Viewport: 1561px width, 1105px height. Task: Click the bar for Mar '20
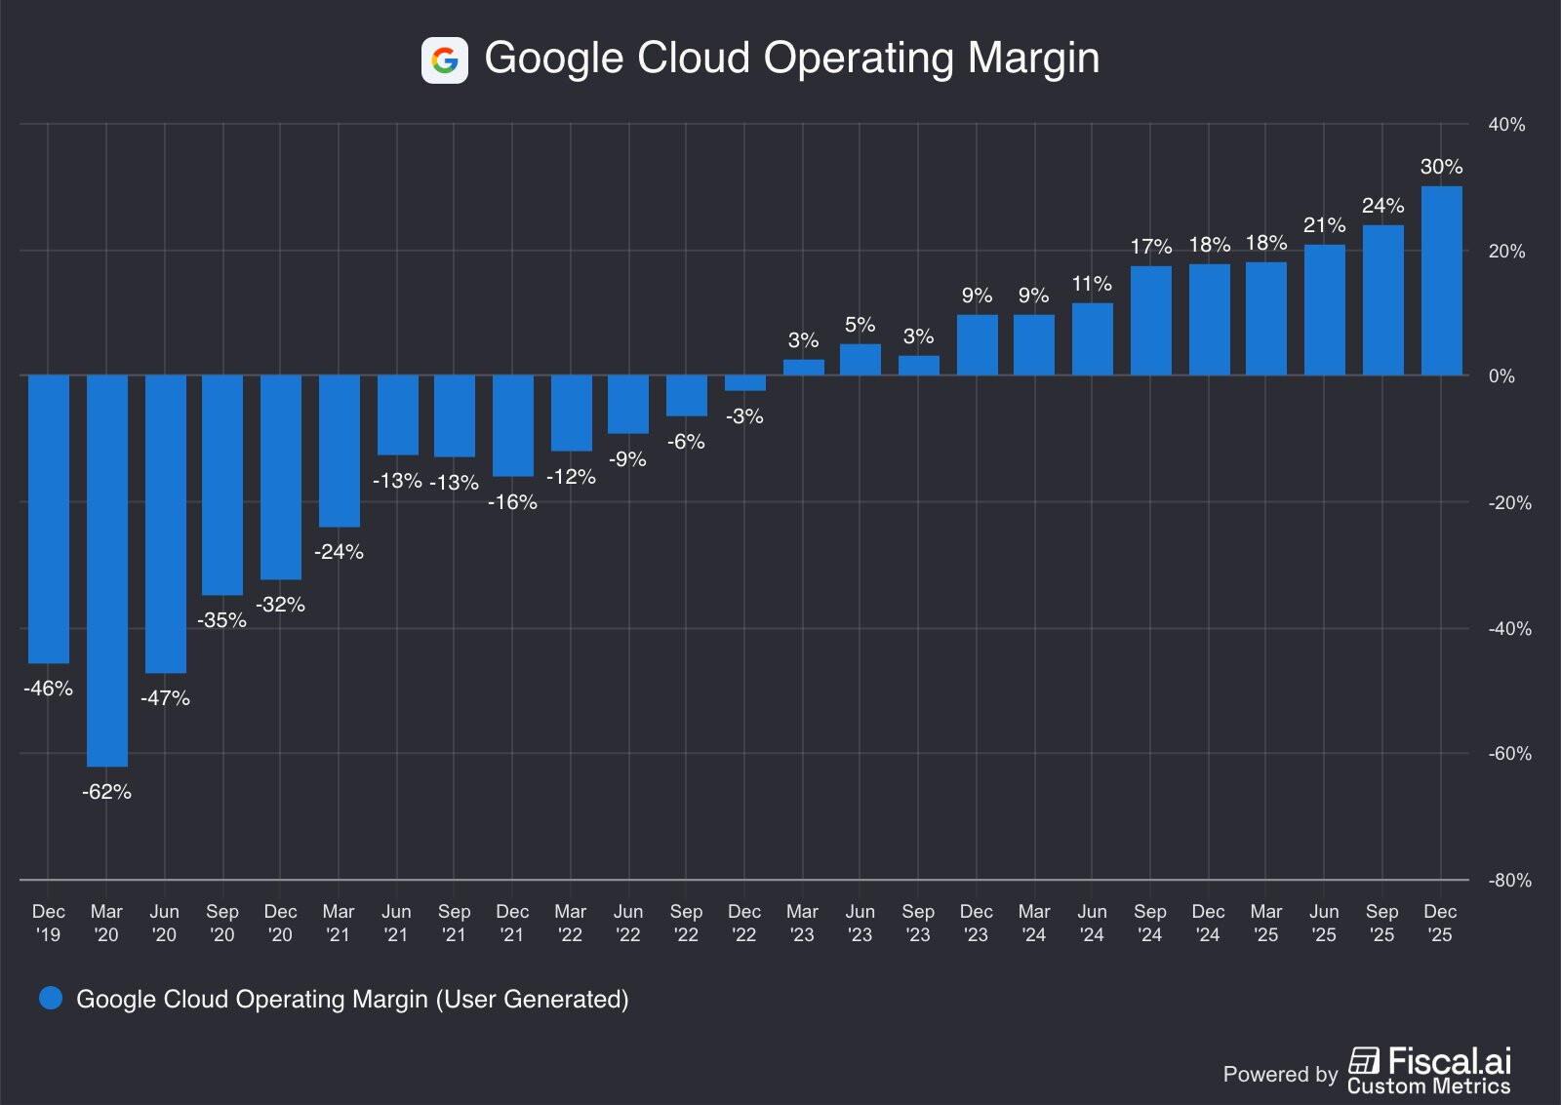(107, 571)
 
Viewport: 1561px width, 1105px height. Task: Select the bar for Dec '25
(1441, 281)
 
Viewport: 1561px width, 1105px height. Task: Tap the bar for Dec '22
(744, 383)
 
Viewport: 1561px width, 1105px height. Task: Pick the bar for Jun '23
(860, 360)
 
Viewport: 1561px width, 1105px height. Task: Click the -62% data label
(106, 792)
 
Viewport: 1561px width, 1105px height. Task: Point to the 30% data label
(1441, 167)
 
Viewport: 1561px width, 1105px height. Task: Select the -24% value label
(339, 552)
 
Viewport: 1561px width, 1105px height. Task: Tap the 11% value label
(1092, 284)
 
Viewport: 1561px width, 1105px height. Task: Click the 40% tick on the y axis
(1506, 125)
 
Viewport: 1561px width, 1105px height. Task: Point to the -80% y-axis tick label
(1509, 881)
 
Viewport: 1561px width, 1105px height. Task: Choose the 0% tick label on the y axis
(1501, 376)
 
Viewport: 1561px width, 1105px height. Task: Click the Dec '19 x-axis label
(48, 923)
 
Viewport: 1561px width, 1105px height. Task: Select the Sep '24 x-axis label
(1150, 923)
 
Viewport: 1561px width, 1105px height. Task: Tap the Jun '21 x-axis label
(396, 923)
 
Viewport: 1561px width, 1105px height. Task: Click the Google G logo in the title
(445, 60)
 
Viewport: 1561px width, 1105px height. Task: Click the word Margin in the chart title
(1033, 59)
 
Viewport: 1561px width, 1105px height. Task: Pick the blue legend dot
(51, 998)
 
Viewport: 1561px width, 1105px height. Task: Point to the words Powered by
(1280, 1074)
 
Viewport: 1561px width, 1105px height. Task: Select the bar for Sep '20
(222, 485)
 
